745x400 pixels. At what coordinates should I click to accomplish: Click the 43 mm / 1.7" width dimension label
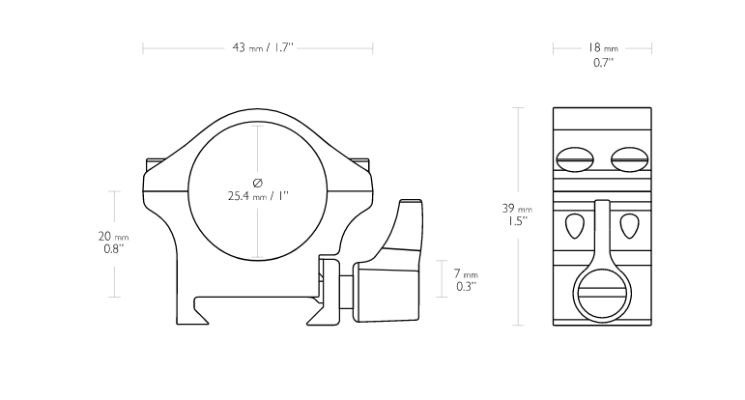click(263, 47)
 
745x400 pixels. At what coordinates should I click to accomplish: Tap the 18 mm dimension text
click(602, 47)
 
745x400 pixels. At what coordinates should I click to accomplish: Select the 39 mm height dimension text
click(517, 208)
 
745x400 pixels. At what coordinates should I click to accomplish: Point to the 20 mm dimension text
click(114, 236)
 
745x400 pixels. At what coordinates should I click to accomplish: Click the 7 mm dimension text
click(466, 274)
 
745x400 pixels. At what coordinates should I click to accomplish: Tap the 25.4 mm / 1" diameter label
click(258, 196)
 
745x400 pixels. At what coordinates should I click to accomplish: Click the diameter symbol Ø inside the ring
click(258, 183)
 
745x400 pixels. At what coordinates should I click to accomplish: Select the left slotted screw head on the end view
click(574, 159)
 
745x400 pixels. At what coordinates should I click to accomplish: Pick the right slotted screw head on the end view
click(629, 159)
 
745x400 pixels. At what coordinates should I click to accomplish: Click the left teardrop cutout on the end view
click(575, 226)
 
